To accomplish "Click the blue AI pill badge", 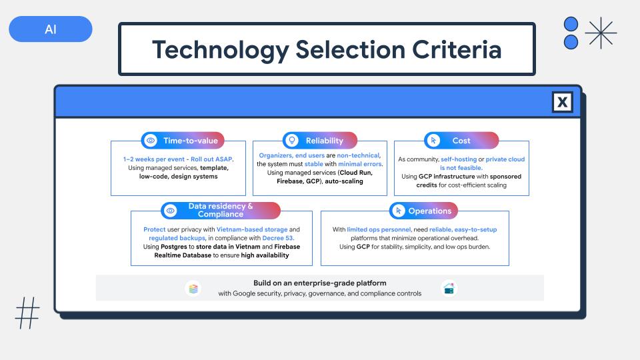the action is (51, 29).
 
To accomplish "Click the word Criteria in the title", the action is (456, 49).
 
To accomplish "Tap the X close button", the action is (562, 101).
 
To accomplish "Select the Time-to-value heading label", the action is (191, 141).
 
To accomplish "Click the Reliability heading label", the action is (325, 141).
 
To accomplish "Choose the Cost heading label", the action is (461, 141).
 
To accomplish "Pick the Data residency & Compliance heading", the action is (221, 210).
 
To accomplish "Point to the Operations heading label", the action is (430, 211).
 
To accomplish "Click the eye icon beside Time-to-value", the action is (151, 141).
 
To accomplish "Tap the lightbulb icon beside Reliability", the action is (292, 141).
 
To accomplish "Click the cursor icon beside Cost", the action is (433, 141).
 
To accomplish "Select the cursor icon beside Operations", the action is (398, 211).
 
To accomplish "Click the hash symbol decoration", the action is (27, 313).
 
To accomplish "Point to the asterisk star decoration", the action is (601, 33).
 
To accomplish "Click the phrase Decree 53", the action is (278, 238).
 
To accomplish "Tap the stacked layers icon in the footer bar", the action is (193, 289).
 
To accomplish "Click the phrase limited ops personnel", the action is (379, 229).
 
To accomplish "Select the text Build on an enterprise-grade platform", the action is (319, 283).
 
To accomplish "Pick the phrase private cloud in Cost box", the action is (505, 159).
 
